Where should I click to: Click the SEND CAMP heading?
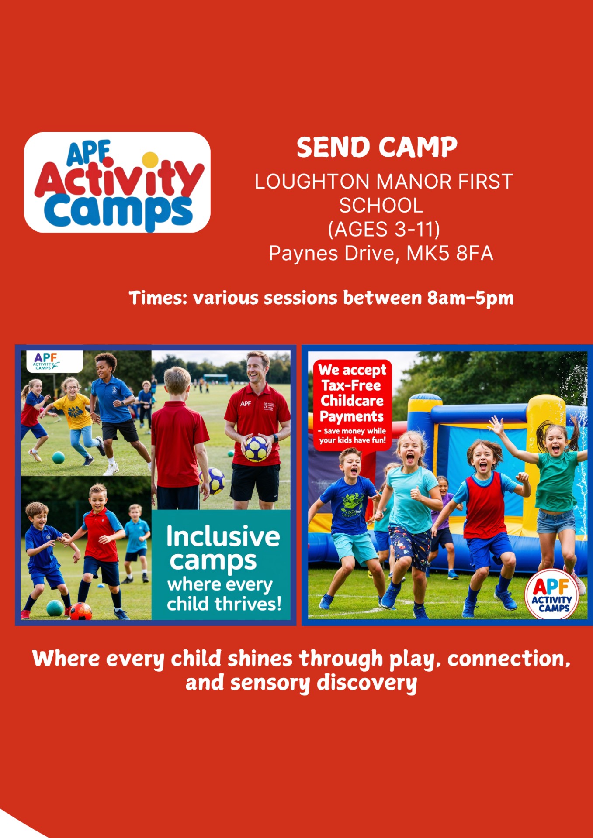pos(377,147)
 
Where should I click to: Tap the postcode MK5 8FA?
pos(450,254)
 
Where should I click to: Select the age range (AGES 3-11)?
pos(384,229)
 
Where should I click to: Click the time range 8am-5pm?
pos(470,299)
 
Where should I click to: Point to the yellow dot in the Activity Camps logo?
pos(150,159)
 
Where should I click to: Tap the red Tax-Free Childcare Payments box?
pos(352,404)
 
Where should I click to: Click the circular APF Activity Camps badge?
pos(552,594)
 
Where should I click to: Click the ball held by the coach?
pos(256,448)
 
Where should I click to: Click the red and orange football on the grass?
pos(80,611)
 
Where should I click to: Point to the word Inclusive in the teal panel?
pos(223,536)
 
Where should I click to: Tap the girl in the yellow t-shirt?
pos(75,415)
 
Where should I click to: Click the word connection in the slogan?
pos(509,659)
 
